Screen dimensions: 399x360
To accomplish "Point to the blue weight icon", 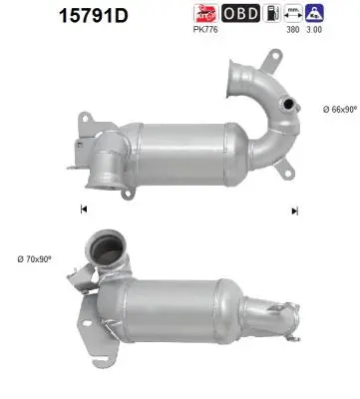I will pyautogui.click(x=316, y=13).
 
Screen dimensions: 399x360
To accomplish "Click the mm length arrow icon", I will pyautogui.click(x=293, y=13).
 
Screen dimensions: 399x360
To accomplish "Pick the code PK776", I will pyautogui.click(x=204, y=30).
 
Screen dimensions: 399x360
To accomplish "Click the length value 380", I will pyautogui.click(x=293, y=30).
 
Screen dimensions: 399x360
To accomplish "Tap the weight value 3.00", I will pyautogui.click(x=316, y=30).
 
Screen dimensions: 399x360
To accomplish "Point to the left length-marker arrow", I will pyautogui.click(x=83, y=209).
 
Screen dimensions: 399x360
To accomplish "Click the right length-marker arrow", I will pyautogui.click(x=294, y=209).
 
